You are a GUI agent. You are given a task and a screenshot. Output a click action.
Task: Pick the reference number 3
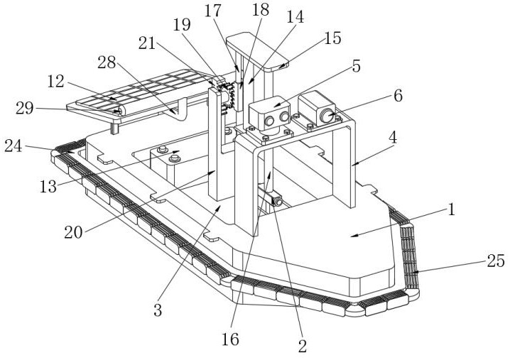coord(158,309)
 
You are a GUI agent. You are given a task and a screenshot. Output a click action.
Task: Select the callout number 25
coord(496,262)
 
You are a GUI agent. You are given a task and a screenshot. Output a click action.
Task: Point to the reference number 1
coord(450,210)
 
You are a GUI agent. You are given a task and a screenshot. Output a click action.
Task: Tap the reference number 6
coord(398,96)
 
